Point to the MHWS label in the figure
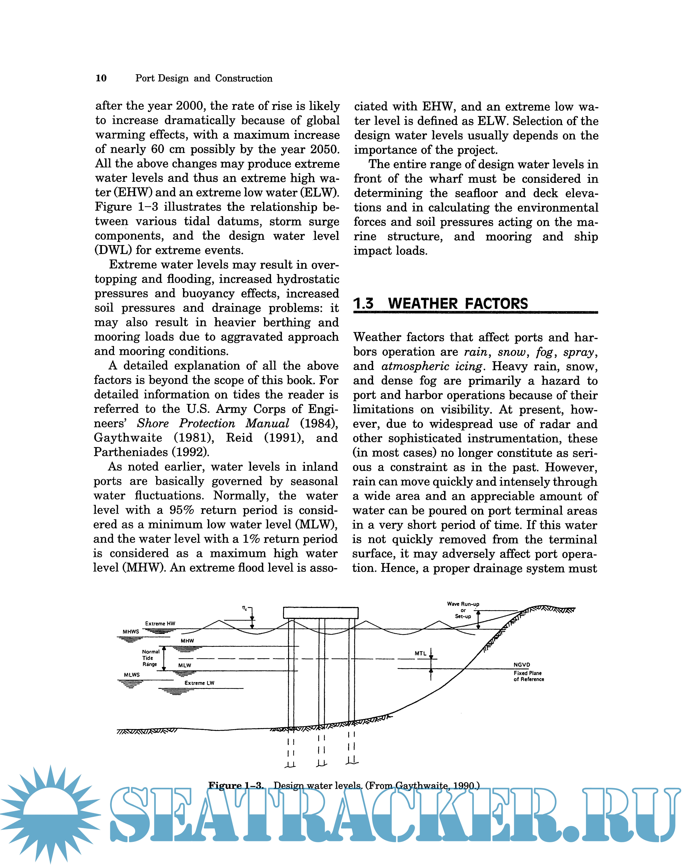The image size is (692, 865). point(131,631)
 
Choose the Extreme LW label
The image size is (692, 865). point(199,683)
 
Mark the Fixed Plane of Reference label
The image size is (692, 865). point(528,676)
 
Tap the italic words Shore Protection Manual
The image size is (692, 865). point(213,423)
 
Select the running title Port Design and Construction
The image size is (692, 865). point(204,78)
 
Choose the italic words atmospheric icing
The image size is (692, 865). point(432,366)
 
